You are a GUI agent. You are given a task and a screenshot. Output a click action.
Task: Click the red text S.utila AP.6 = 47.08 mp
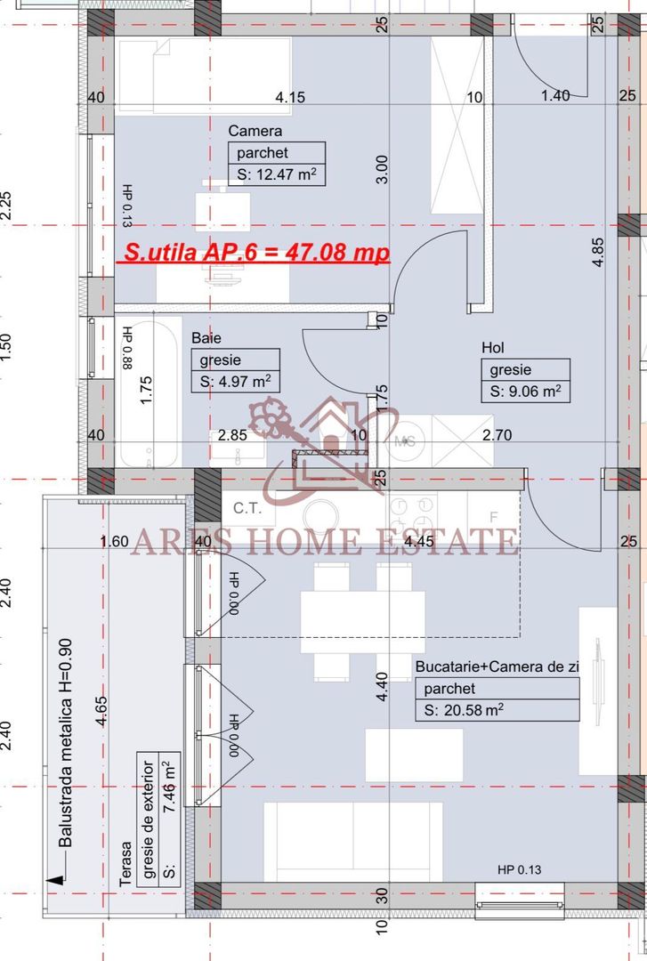point(255,253)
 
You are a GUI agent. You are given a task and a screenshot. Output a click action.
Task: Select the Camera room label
point(255,131)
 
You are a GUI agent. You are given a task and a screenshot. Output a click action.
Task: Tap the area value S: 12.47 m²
point(276,174)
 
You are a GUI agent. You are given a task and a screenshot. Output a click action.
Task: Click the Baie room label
point(206,339)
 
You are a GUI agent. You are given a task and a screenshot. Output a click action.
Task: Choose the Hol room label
point(492,348)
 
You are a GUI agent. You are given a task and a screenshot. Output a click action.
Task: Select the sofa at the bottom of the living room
point(353,841)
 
